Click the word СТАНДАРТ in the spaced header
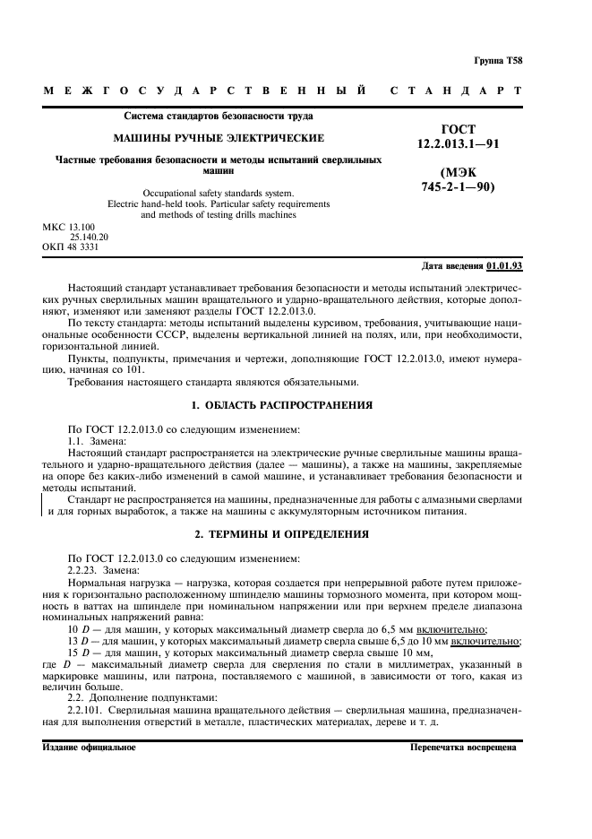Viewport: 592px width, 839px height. click(456, 91)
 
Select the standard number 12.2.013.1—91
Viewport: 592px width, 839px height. click(459, 143)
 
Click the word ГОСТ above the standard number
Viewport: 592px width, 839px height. click(459, 129)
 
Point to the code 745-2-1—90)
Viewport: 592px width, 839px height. click(458, 187)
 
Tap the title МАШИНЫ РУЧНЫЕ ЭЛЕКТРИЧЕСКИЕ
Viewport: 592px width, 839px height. click(218, 138)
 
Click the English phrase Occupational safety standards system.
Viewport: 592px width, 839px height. click(218, 193)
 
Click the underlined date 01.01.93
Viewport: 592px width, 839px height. click(505, 266)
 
